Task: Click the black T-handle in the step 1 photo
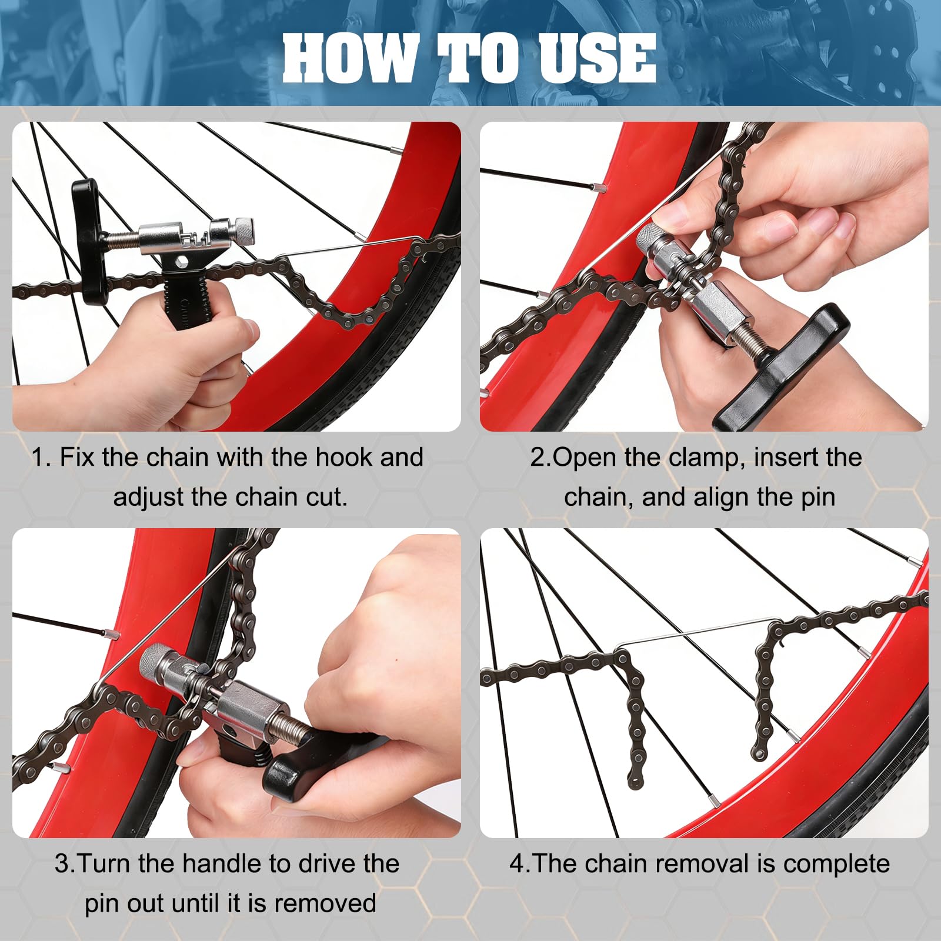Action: point(89,241)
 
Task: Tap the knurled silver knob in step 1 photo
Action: point(243,230)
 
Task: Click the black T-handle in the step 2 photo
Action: point(780,367)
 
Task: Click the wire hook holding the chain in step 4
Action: point(697,635)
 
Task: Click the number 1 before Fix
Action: point(39,458)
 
